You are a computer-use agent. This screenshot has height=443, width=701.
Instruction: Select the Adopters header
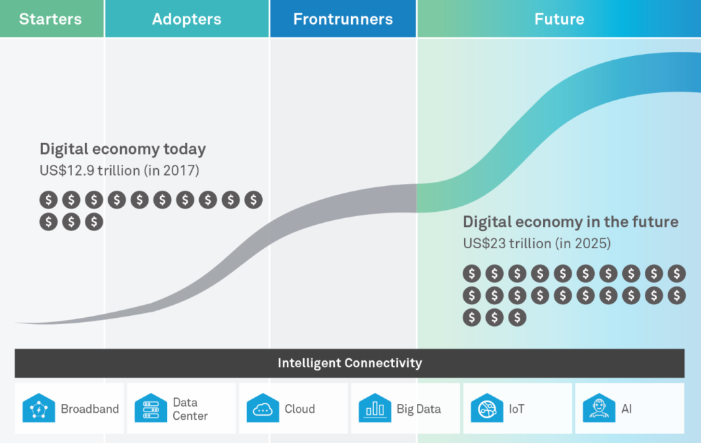pos(187,18)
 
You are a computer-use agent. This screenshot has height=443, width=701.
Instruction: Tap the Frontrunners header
pos(343,18)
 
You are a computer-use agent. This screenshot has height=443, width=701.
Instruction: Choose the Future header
pos(559,18)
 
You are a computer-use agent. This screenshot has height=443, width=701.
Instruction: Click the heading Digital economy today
pos(123,149)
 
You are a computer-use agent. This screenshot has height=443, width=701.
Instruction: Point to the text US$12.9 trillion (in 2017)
pos(119,171)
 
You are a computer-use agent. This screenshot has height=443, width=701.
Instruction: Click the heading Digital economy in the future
pos(570,222)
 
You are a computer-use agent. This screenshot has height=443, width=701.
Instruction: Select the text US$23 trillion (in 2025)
pos(537,243)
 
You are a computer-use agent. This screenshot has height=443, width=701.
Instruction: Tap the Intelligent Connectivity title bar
pos(350,363)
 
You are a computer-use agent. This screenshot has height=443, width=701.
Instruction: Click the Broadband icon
pos(39,407)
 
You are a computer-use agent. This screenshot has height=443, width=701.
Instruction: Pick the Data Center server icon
pos(151,407)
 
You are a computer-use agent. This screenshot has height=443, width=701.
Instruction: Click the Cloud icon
pos(263,407)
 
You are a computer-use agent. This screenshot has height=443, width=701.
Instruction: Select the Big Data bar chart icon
pos(374,407)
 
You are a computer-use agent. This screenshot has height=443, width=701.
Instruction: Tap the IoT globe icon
pos(487,407)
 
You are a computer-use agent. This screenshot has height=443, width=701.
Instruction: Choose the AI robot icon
pos(599,407)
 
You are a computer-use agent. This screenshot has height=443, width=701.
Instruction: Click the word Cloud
pos(300,409)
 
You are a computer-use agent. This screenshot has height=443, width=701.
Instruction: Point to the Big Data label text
pos(419,409)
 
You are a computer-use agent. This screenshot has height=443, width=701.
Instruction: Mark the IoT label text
pos(516,409)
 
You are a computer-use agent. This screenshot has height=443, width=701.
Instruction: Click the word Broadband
pos(90,409)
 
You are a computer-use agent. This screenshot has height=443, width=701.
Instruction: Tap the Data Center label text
pos(190,409)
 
